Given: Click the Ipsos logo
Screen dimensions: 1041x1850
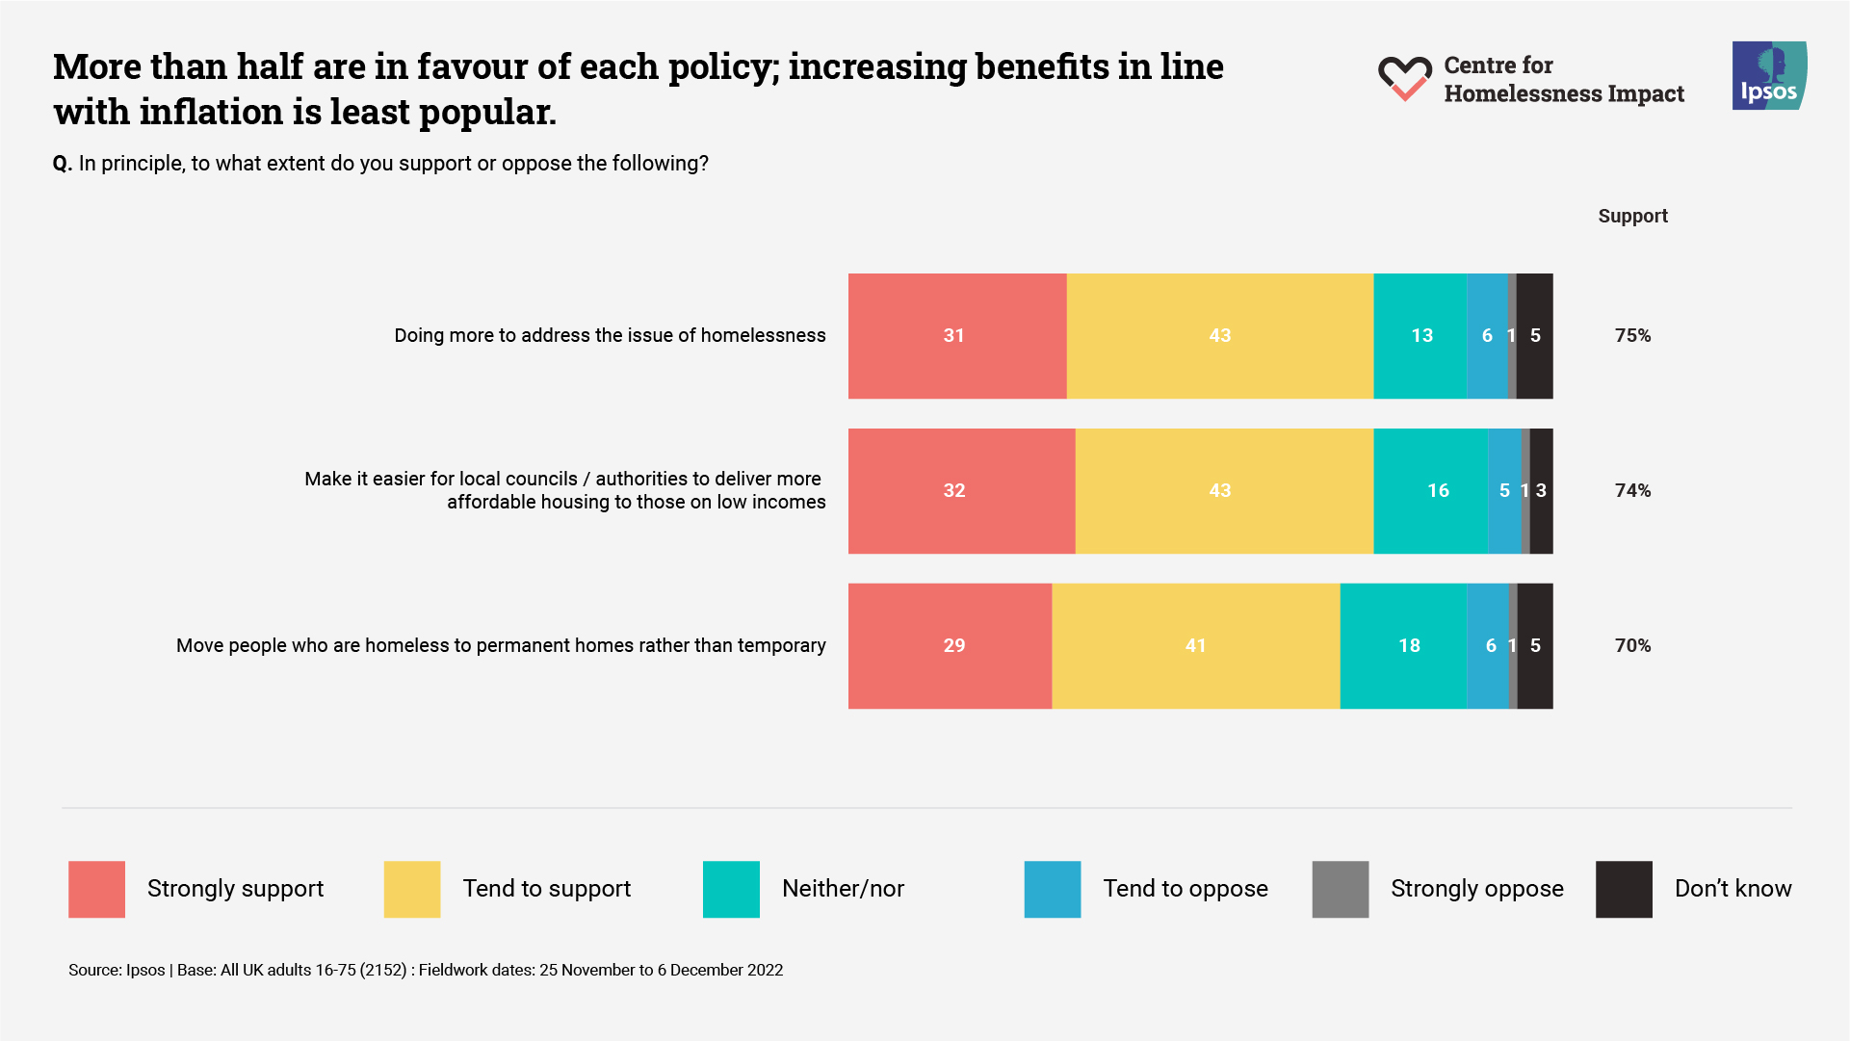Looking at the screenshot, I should click(x=1769, y=75).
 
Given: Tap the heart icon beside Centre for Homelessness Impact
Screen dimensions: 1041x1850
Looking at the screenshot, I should click(x=1404, y=78).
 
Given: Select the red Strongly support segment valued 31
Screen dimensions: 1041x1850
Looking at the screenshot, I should click(x=956, y=336).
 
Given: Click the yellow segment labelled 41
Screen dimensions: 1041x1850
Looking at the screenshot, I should click(x=1195, y=646).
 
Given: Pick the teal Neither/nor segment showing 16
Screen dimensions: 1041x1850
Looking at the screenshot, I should click(x=1430, y=491).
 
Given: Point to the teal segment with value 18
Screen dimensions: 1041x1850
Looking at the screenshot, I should click(x=1403, y=646).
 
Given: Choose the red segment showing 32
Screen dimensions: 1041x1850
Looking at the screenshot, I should click(x=961, y=491).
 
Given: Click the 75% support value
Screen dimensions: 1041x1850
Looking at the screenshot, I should click(x=1632, y=336).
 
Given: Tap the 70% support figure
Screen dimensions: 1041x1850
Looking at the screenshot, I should click(x=1632, y=646).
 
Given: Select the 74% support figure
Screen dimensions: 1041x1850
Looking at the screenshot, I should click(x=1632, y=491).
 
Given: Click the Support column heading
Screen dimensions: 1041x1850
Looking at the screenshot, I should click(x=1632, y=217).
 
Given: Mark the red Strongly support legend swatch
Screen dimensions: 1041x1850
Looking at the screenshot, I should click(x=96, y=889).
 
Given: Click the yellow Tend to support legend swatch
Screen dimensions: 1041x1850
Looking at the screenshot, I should click(x=411, y=889).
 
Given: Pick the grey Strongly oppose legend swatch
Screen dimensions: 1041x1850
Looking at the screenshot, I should click(x=1340, y=889).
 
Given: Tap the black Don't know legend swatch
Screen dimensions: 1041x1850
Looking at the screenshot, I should click(x=1624, y=889).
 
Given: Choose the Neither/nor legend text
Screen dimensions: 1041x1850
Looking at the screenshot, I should click(x=843, y=889).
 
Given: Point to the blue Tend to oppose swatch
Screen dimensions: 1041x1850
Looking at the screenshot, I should click(x=1052, y=889).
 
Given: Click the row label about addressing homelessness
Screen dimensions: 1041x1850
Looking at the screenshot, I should click(x=610, y=336).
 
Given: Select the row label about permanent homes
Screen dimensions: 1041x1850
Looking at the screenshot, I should click(x=501, y=646).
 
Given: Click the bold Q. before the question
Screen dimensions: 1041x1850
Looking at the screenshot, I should click(x=63, y=164).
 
